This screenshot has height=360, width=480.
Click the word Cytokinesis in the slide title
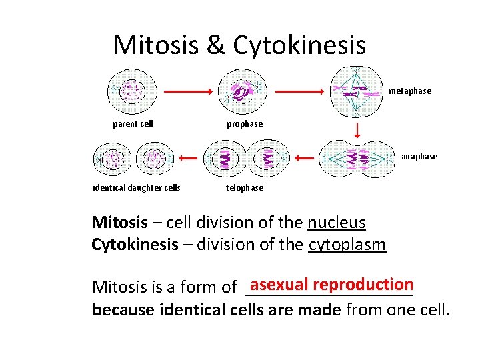coord(299,45)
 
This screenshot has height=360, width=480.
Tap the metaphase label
coord(410,91)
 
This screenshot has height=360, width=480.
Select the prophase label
coord(245,124)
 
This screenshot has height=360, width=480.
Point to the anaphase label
coord(419,157)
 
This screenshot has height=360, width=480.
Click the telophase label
coord(245,188)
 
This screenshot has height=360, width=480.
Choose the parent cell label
coord(133,124)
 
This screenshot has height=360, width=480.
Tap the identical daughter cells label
coord(136,188)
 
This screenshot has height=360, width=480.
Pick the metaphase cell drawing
coord(357,91)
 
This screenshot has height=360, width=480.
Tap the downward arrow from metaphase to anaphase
coord(357,129)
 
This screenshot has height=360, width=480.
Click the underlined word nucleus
coord(336,223)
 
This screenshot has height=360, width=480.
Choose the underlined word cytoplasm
coord(347,245)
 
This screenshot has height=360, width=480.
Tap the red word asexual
coord(279,284)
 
